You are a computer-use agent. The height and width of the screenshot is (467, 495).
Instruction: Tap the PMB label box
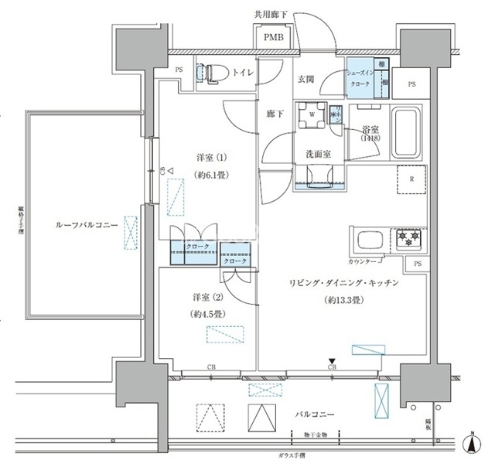click(272, 37)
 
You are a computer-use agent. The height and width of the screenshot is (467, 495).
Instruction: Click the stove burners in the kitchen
click(406, 240)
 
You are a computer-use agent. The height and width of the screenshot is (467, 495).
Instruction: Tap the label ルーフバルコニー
click(86, 225)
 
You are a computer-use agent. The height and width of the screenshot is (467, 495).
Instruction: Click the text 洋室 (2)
click(202, 297)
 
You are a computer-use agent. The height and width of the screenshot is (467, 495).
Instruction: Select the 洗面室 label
click(318, 154)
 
